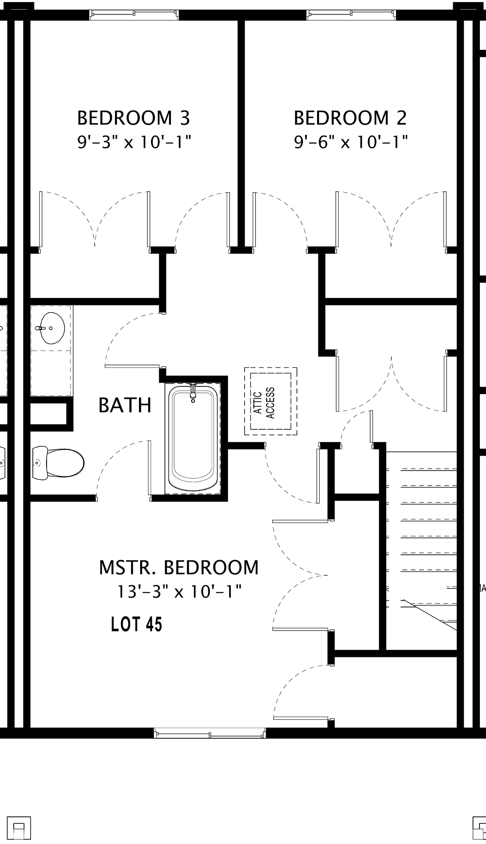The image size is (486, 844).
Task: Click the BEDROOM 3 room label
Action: (x=134, y=118)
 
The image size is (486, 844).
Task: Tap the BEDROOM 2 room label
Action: (x=350, y=118)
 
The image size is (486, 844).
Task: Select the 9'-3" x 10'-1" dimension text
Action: (x=134, y=142)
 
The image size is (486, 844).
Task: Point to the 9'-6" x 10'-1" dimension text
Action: (x=351, y=142)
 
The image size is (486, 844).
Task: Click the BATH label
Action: (x=125, y=405)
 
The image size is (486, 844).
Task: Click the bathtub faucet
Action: (x=193, y=392)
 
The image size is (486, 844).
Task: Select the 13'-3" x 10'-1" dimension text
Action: (x=179, y=592)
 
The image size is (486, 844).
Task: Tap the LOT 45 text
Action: (x=136, y=624)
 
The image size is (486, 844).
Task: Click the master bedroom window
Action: (x=210, y=733)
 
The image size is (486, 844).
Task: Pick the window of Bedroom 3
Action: (x=134, y=15)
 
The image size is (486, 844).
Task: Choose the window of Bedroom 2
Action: (x=351, y=15)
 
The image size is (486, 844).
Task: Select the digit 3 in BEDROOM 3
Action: (x=185, y=118)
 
